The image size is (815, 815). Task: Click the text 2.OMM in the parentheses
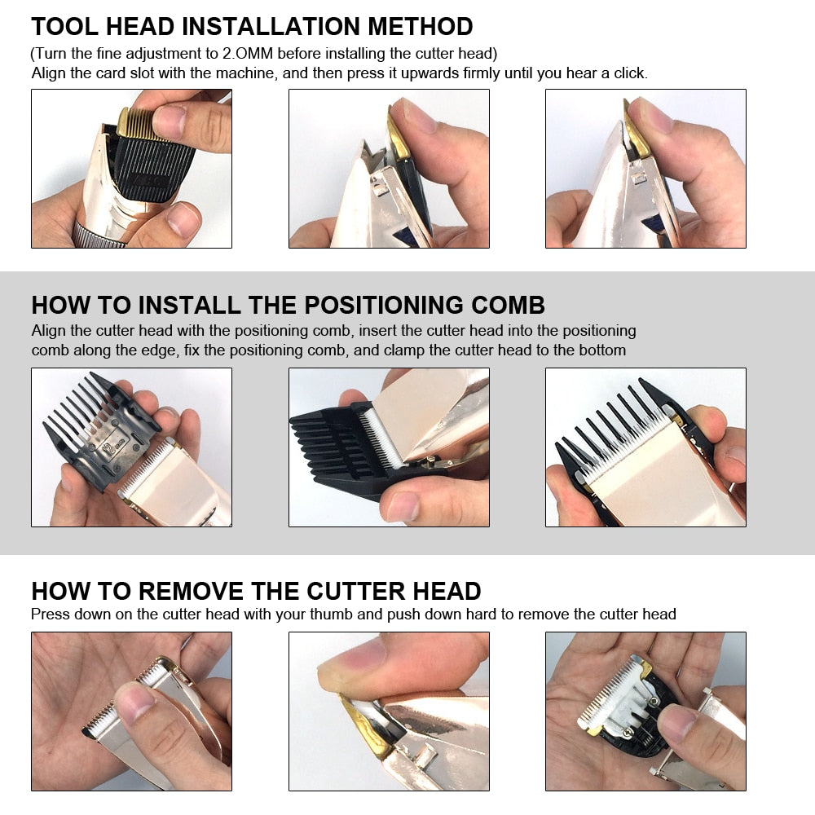pos(249,54)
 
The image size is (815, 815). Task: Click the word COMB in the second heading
pos(504,306)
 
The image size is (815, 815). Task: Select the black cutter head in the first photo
pos(151,167)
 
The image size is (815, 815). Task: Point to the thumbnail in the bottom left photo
pos(130,701)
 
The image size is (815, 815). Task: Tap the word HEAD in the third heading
pos(440,591)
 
